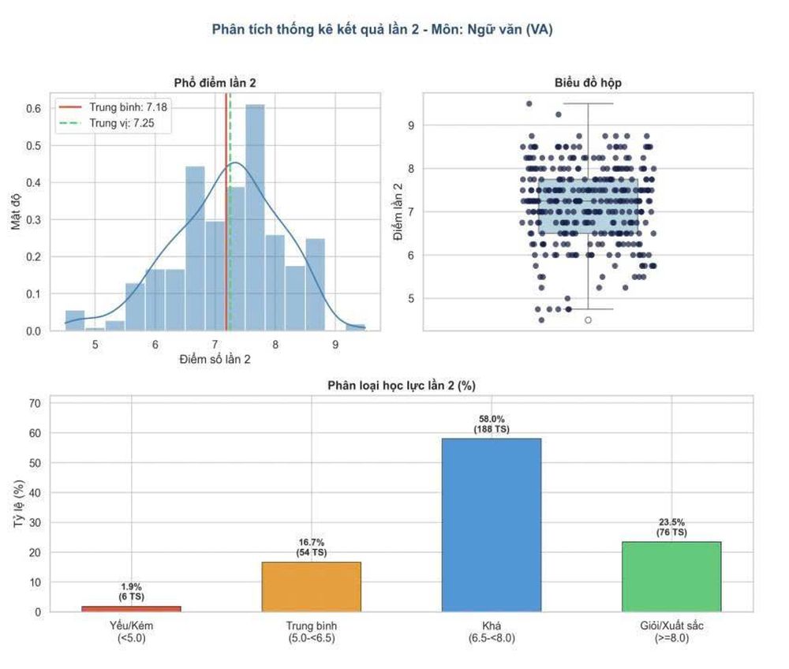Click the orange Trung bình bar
(312, 586)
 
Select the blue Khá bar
(492, 525)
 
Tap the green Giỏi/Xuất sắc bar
(671, 577)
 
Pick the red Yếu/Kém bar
(131, 608)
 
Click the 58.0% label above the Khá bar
(492, 418)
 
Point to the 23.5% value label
(671, 522)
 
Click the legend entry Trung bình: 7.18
(113, 107)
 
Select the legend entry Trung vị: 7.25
(107, 123)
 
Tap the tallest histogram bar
(255, 217)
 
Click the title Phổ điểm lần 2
(215, 83)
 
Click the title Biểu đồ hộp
(588, 83)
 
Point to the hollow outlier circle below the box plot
(588, 320)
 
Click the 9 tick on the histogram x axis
(335, 345)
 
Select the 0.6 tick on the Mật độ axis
(33, 109)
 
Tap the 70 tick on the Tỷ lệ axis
(35, 403)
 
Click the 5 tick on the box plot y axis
(411, 299)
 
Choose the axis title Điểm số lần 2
(215, 359)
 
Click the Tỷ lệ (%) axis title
(19, 503)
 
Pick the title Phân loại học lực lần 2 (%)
(402, 386)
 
